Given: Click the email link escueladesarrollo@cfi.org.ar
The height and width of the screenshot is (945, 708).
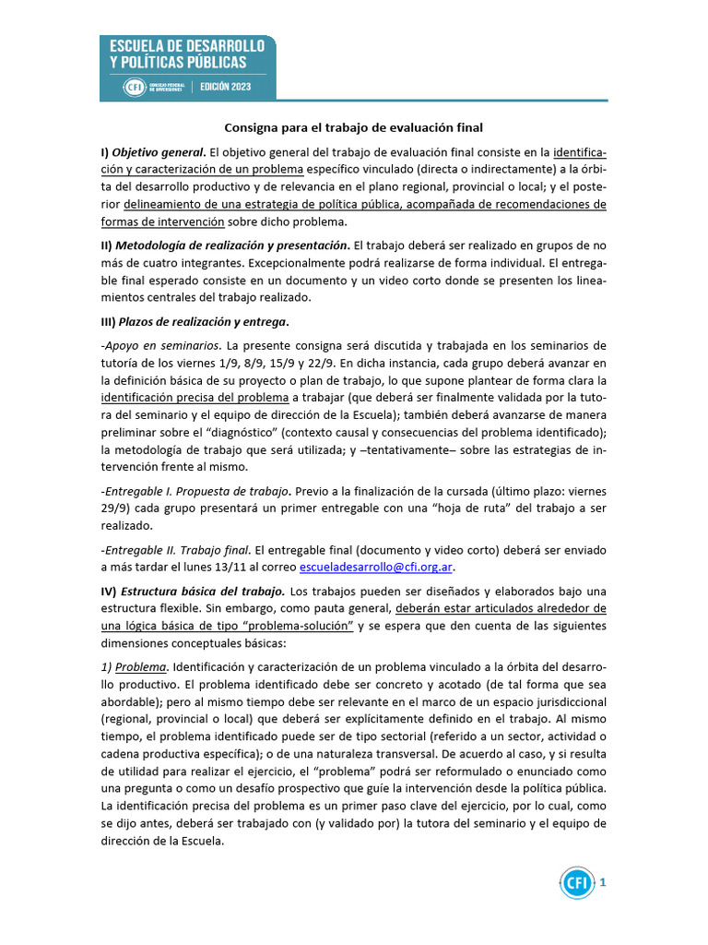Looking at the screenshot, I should point(378,567).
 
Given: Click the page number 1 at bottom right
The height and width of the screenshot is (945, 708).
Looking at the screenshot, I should point(603,883).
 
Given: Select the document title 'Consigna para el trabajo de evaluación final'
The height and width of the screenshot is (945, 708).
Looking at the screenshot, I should point(354,127).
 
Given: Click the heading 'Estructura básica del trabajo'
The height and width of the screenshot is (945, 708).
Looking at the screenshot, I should point(202,591).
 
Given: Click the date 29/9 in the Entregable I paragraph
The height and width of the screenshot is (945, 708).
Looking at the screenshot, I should point(115,508).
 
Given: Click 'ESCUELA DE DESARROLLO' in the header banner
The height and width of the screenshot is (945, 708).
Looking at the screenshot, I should point(187,45).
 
